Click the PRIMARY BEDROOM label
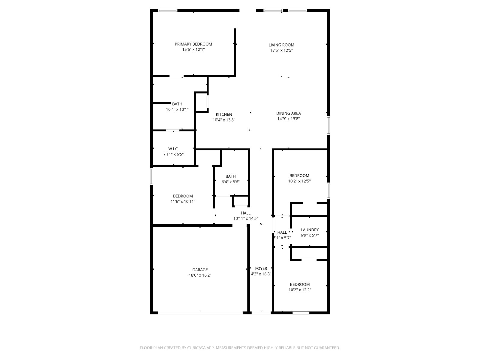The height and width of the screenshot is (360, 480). pos(193,44)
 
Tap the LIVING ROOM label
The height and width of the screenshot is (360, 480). pos(281,45)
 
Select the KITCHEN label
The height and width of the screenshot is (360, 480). pos(224,114)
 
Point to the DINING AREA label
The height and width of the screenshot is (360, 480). pos(288,113)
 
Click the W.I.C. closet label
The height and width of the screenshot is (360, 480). pos(173,149)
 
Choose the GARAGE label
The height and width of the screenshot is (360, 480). pos(200,270)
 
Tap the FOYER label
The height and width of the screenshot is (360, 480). pos(261,268)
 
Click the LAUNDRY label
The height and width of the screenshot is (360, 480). pos(310,230)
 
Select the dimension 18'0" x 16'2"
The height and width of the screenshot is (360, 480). pos(200,275)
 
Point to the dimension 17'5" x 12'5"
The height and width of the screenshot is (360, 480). pos(281,50)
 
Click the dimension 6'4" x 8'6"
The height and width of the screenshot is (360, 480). pos(230,182)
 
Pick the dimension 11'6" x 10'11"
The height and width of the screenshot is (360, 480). pos(183,202)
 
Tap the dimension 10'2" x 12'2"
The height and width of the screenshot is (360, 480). pos(300,290)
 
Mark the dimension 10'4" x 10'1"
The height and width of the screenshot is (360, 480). pos(177,109)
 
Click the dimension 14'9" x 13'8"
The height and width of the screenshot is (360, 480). pos(288,119)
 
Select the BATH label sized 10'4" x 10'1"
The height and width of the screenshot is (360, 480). pos(177,104)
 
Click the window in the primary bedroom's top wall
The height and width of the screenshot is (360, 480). pos(168,10)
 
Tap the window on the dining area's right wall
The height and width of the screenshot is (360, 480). pos(328,125)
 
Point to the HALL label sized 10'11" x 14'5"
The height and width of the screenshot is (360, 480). pos(246,213)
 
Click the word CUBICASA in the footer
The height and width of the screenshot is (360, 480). pos(196,348)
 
